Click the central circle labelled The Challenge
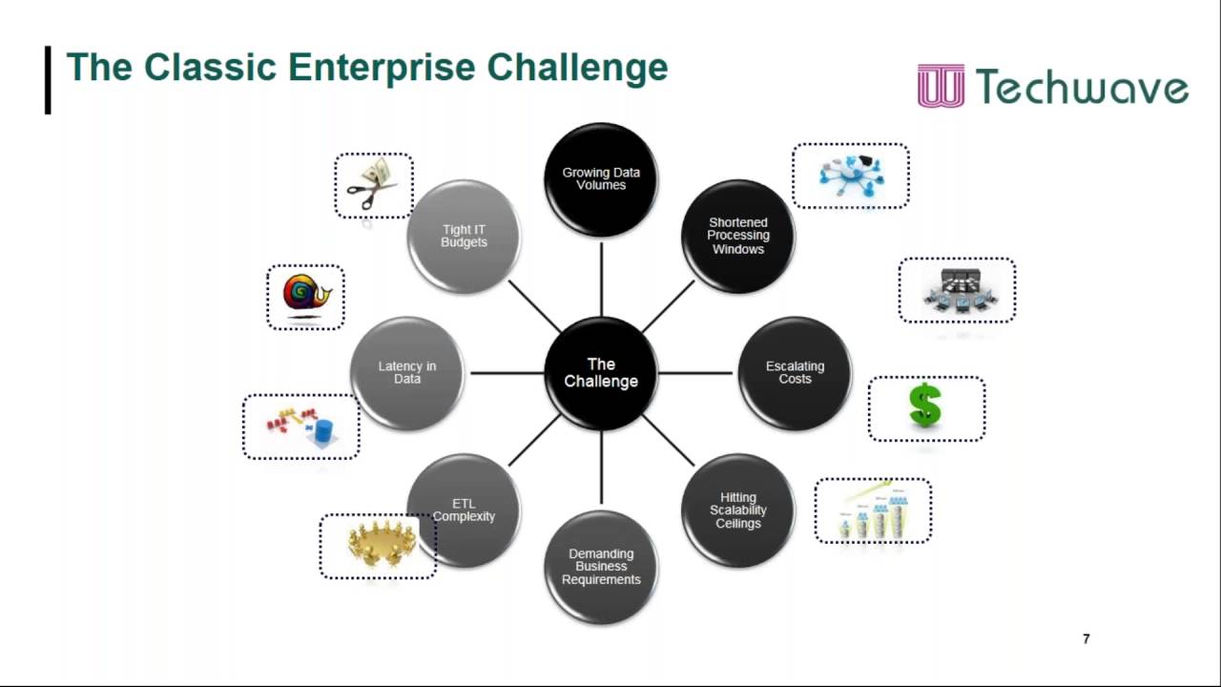pyautogui.click(x=601, y=373)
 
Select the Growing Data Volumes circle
pyautogui.click(x=601, y=179)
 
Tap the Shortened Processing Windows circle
pyautogui.click(x=737, y=236)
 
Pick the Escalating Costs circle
pyautogui.click(x=795, y=373)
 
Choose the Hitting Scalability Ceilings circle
pyautogui.click(x=737, y=510)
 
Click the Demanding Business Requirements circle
pyautogui.click(x=601, y=567)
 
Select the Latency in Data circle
pyautogui.click(x=407, y=373)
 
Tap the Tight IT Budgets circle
pyautogui.click(x=464, y=236)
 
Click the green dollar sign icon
pyautogui.click(x=925, y=406)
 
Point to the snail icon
pyautogui.click(x=306, y=295)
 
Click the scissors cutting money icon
pyautogui.click(x=373, y=185)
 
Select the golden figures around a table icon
pyautogui.click(x=378, y=546)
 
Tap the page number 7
pyautogui.click(x=1086, y=639)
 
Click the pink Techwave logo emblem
pyautogui.click(x=941, y=86)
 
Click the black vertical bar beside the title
pyautogui.click(x=48, y=80)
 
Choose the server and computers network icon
pyautogui.click(x=957, y=290)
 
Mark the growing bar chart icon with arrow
pyautogui.click(x=873, y=511)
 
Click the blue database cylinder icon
pyautogui.click(x=324, y=432)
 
